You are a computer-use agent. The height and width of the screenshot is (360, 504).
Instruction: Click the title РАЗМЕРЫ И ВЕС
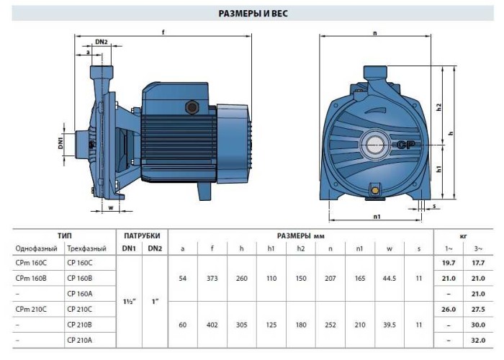coord(252,13)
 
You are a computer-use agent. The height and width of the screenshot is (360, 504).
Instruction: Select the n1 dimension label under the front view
coord(377,216)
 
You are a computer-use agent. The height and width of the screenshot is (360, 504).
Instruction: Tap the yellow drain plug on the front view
coord(375,190)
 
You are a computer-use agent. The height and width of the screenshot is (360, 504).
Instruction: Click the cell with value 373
coord(212,278)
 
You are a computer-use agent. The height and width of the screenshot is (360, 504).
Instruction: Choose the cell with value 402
coord(212,324)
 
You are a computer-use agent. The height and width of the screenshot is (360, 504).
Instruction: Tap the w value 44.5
coord(390,278)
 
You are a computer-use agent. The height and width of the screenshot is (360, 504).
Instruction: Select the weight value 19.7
coord(449,263)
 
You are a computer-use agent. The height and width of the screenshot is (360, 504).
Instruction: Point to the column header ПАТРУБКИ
coord(142,235)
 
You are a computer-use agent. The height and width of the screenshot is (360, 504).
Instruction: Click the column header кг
coord(463,235)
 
